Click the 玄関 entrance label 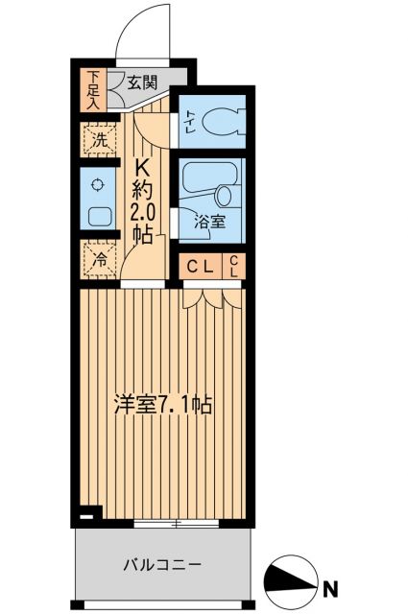[x=146, y=83]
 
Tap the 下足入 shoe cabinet [x=93, y=89]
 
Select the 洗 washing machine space [x=98, y=140]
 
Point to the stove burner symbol [x=97, y=184]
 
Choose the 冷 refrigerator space [x=98, y=258]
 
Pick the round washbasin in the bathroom [x=226, y=196]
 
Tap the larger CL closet [x=201, y=267]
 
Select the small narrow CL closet [x=235, y=267]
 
